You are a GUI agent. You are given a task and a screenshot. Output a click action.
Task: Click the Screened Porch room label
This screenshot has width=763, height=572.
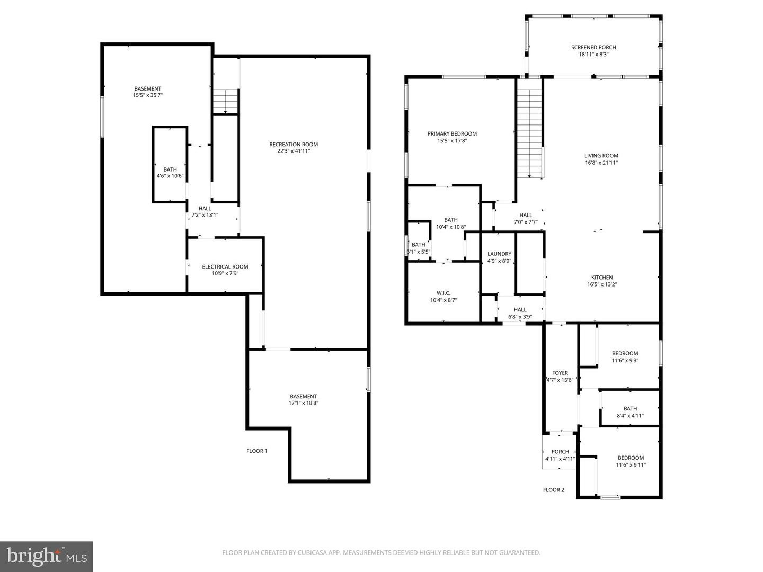[593, 47]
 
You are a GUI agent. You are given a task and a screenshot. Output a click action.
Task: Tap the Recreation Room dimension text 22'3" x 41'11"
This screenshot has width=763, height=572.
[294, 151]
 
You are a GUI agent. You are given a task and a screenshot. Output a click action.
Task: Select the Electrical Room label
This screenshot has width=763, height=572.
[225, 267]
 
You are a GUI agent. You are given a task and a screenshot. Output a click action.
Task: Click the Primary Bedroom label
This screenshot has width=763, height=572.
[452, 134]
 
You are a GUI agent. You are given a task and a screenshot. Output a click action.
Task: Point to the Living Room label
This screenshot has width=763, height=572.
[601, 156]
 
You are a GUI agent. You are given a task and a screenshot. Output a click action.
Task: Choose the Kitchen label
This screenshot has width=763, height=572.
[602, 278]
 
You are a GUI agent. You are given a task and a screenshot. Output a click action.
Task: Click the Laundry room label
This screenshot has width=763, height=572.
[499, 254]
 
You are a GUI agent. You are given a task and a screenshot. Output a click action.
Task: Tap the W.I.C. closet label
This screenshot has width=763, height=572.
[443, 293]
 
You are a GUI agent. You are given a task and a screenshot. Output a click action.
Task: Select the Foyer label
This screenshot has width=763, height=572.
[560, 373]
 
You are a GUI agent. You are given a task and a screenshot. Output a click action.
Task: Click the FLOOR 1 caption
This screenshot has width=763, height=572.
[257, 451]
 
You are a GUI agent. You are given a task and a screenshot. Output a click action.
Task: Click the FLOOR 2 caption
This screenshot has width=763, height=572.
[554, 490]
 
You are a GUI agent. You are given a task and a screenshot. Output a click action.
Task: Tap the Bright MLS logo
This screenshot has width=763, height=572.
[46, 556]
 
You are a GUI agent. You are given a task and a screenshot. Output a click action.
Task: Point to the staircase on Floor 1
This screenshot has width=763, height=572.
[226, 101]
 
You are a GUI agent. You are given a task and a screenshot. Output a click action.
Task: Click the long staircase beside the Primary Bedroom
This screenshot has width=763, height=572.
[530, 132]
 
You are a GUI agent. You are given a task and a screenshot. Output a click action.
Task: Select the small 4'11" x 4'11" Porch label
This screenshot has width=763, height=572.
[560, 452]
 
